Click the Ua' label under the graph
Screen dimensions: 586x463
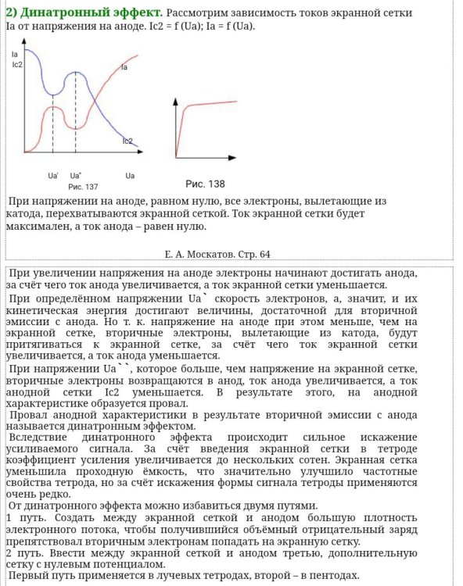coord(52,175)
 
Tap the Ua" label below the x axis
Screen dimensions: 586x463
coord(76,175)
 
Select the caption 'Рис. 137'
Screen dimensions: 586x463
coord(83,187)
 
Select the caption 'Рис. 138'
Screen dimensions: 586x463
coord(205,184)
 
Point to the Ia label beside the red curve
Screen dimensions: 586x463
coord(125,68)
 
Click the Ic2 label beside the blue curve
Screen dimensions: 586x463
coord(127,141)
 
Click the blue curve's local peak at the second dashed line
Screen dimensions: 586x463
coord(76,72)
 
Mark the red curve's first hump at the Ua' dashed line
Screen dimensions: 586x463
coord(53,107)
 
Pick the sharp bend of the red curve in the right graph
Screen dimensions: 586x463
coord(182,110)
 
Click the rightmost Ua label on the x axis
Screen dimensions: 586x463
coord(130,175)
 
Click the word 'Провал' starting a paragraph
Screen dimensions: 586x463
coord(31,415)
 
